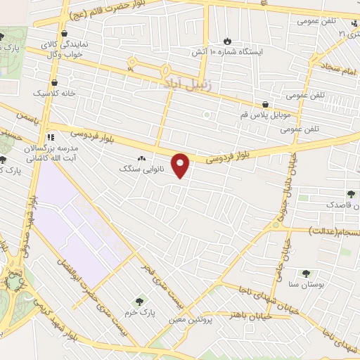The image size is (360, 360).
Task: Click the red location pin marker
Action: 181,165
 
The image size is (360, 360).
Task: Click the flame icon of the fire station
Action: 226,41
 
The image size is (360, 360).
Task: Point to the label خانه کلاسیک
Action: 52,92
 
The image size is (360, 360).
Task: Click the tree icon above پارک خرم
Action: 138,301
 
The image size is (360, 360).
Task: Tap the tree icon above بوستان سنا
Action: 305,274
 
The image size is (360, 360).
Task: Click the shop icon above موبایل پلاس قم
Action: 265,103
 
